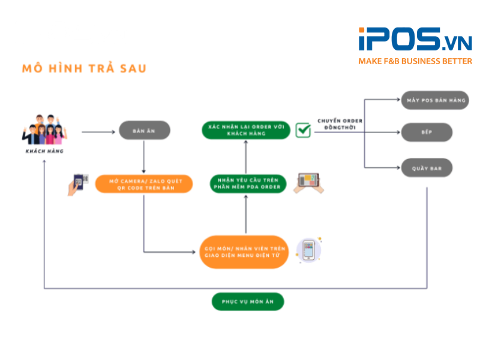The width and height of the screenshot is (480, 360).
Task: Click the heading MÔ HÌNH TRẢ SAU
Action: (x=84, y=68)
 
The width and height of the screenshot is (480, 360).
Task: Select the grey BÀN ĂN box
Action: (x=144, y=130)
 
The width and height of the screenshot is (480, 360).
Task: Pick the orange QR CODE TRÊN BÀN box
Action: (x=143, y=184)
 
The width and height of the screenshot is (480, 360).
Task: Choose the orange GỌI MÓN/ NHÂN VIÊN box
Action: (x=245, y=252)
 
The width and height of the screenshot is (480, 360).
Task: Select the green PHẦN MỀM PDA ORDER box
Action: (x=246, y=184)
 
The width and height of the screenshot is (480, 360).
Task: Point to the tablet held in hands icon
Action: (x=308, y=182)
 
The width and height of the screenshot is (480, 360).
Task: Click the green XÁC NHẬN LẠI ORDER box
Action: (x=246, y=130)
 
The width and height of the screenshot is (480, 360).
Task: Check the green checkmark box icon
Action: (x=303, y=130)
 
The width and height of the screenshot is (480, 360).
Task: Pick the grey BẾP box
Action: (x=427, y=132)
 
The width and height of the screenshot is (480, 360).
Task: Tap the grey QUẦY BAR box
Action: (x=427, y=168)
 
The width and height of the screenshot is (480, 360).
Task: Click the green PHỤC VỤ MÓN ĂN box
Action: (x=247, y=301)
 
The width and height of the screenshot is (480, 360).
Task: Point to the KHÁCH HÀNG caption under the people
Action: (x=44, y=151)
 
